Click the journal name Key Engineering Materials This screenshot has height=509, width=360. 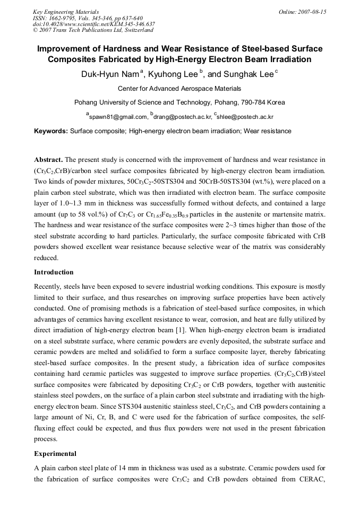click(66, 12)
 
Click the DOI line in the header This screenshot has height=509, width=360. click(94, 24)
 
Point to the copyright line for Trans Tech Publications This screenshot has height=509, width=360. click(93, 30)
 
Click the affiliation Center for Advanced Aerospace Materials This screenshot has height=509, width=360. click(179, 89)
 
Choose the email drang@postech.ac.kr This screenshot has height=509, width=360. click(182, 117)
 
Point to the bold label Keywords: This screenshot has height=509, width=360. click(51, 131)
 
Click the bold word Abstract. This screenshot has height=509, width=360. click(48, 160)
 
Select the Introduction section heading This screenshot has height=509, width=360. click(54, 272)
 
